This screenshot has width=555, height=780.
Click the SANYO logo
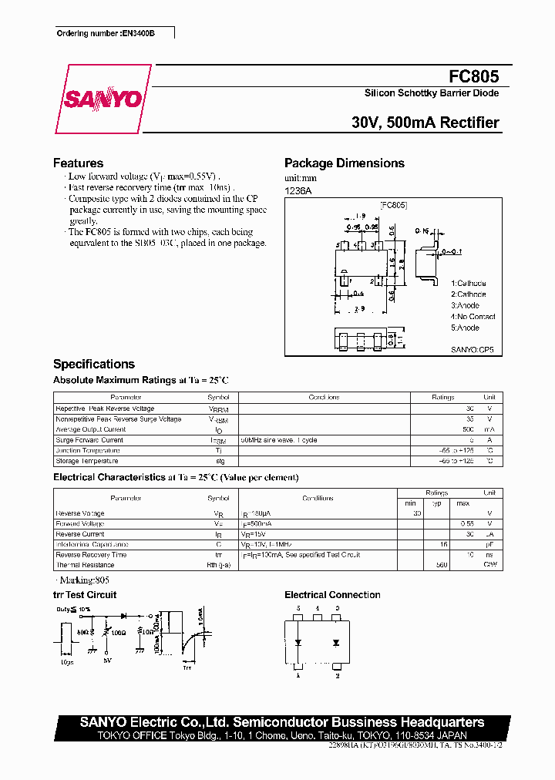click(x=103, y=99)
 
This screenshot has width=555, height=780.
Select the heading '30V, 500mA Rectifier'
click(x=425, y=123)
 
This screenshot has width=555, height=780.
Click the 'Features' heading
click(x=78, y=163)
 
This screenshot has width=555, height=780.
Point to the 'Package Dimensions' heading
click(x=344, y=163)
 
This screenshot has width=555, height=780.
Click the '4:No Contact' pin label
click(x=473, y=317)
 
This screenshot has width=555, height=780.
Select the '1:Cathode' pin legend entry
click(x=469, y=284)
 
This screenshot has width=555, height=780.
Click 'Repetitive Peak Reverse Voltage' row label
click(x=105, y=408)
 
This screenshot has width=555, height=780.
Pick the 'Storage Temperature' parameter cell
click(x=87, y=461)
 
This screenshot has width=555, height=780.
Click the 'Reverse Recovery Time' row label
click(x=91, y=555)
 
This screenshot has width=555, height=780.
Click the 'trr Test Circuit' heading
click(x=85, y=595)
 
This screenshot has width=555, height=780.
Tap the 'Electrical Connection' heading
click(x=332, y=595)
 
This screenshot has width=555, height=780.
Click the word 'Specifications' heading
click(x=94, y=365)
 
